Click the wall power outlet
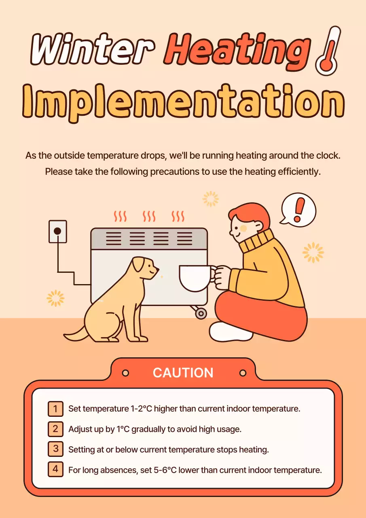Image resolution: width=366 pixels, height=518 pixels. click(57, 231)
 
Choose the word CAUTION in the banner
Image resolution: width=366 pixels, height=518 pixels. click(183, 373)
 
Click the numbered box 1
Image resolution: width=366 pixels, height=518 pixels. click(55, 408)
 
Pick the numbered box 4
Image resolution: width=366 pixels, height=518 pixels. click(55, 469)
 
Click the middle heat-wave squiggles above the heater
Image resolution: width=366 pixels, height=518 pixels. click(149, 216)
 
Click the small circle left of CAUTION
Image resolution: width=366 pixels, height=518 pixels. click(125, 373)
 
